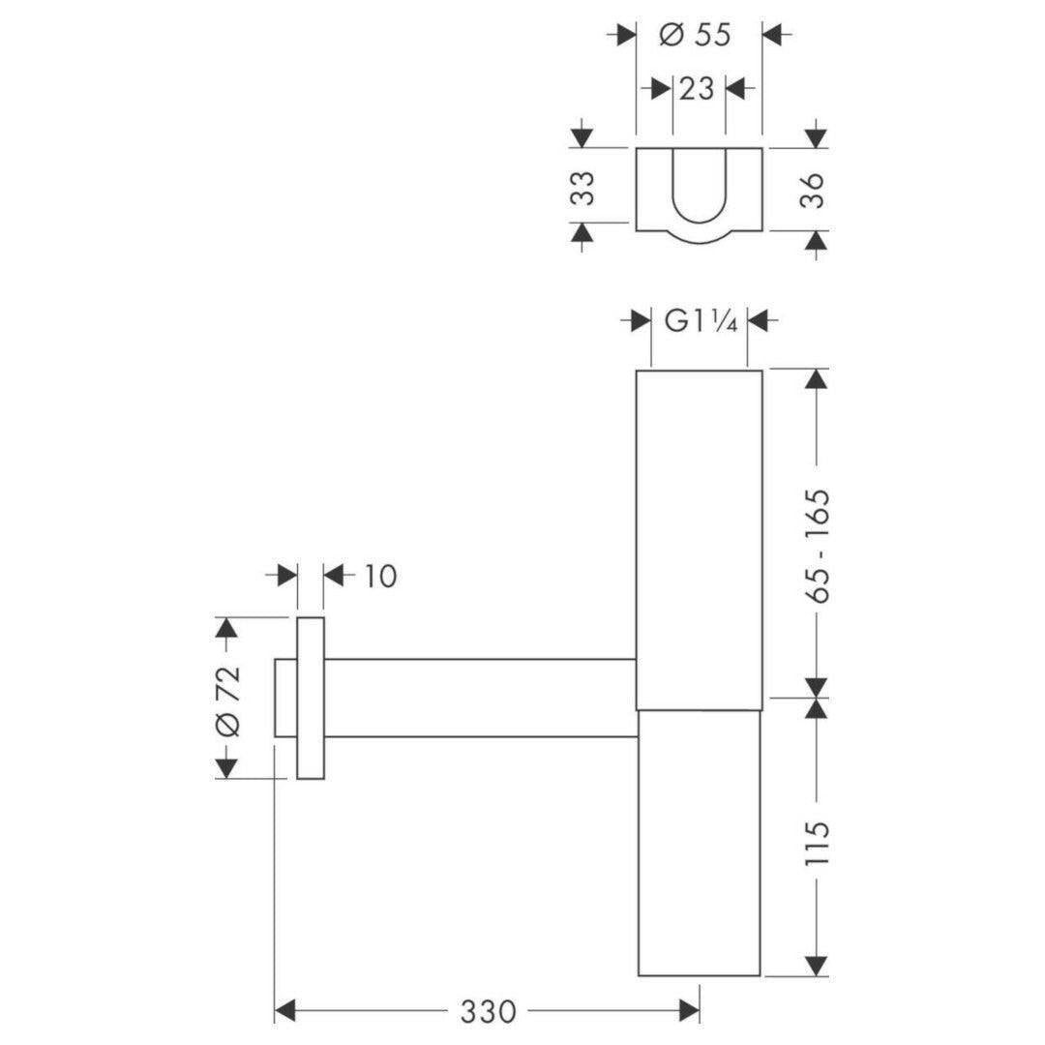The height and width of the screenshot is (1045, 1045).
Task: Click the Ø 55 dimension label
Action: coord(695,35)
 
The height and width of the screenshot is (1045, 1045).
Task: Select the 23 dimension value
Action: coord(697,89)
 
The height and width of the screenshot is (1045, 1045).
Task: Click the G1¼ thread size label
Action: coord(701,322)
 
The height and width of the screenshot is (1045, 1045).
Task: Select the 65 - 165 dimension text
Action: coord(816,546)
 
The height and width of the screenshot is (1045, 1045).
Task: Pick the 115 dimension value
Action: coord(816,843)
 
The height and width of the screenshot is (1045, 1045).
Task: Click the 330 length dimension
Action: coord(487,1012)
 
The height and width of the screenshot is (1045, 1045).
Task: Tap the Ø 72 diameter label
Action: coord(227,701)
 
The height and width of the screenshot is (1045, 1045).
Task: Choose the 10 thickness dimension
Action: coord(379,576)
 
